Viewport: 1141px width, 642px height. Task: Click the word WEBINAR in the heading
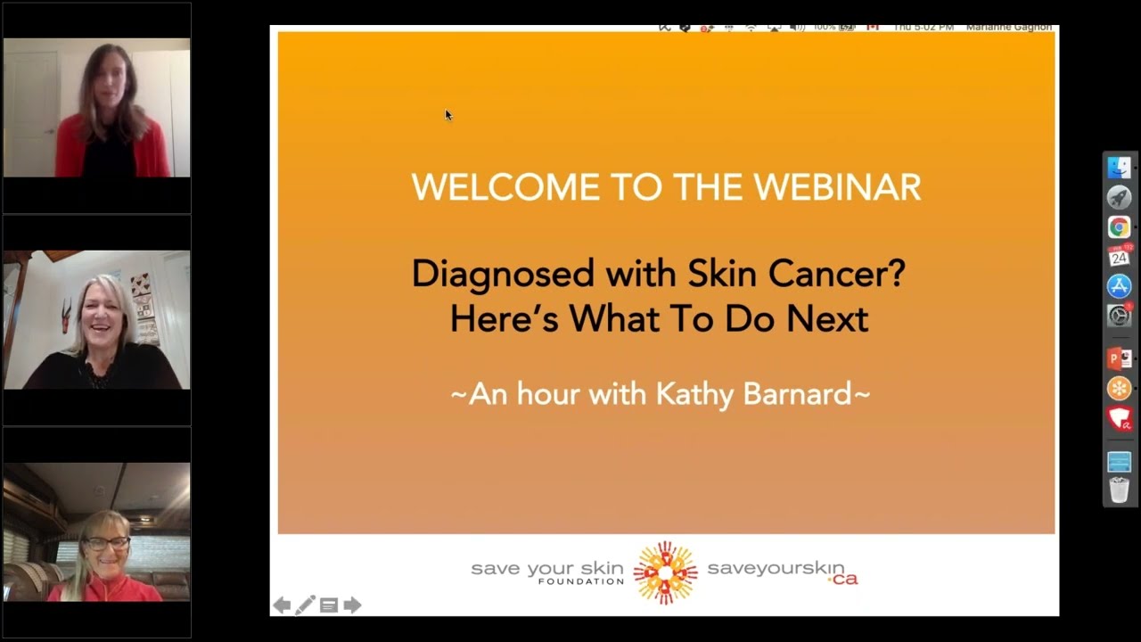837,187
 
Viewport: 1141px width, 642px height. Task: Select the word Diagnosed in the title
503,273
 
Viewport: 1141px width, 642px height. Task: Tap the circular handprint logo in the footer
665,572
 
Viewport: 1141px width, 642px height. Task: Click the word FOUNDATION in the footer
580,581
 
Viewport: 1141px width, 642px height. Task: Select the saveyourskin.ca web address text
782,571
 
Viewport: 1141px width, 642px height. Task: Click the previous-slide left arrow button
282,605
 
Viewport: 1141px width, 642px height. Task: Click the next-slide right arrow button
353,605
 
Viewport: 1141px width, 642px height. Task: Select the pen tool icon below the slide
305,605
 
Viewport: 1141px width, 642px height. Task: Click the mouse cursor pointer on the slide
448,115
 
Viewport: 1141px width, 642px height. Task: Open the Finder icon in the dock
1119,168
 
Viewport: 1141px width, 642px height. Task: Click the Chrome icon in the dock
1119,227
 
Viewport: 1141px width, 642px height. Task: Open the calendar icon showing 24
1119,257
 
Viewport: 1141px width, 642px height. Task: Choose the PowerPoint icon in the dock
1119,358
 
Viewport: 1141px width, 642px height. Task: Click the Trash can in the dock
1119,490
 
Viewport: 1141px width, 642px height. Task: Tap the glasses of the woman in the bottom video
108,543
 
